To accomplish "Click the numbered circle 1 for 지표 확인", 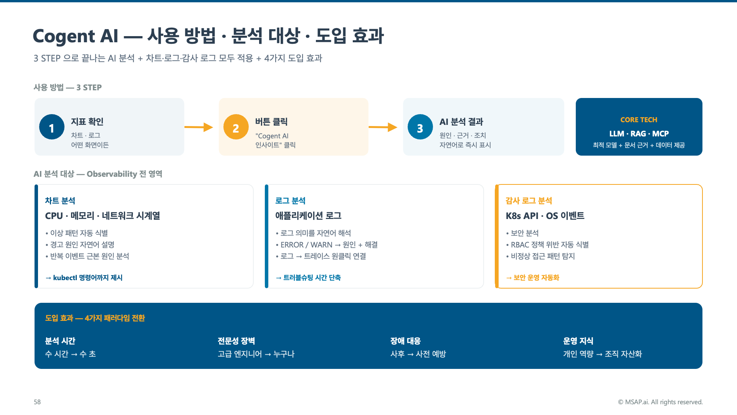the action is click(51, 127).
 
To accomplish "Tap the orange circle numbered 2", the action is click(236, 127).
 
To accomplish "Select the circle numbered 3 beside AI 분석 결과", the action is click(420, 127).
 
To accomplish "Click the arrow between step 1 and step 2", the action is click(198, 127).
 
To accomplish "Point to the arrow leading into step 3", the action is click(383, 127).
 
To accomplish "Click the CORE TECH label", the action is click(639, 120).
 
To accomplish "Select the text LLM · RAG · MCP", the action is click(639, 134).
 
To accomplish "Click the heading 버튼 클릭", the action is click(271, 122).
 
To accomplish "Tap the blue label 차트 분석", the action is click(60, 201).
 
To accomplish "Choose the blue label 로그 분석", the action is click(290, 201).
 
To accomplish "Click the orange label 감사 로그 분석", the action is click(529, 201).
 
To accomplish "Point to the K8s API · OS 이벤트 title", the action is click(545, 216).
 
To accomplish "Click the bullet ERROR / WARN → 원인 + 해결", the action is click(327, 245).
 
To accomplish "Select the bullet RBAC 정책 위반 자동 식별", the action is click(547, 245).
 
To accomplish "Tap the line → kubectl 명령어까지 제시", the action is click(84, 277).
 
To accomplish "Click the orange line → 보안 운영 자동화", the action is click(532, 277).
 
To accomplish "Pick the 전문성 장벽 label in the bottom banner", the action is click(236, 341).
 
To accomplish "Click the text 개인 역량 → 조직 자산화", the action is click(602, 354).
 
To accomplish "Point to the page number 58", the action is click(37, 402).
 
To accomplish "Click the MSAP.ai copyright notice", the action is click(660, 402).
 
